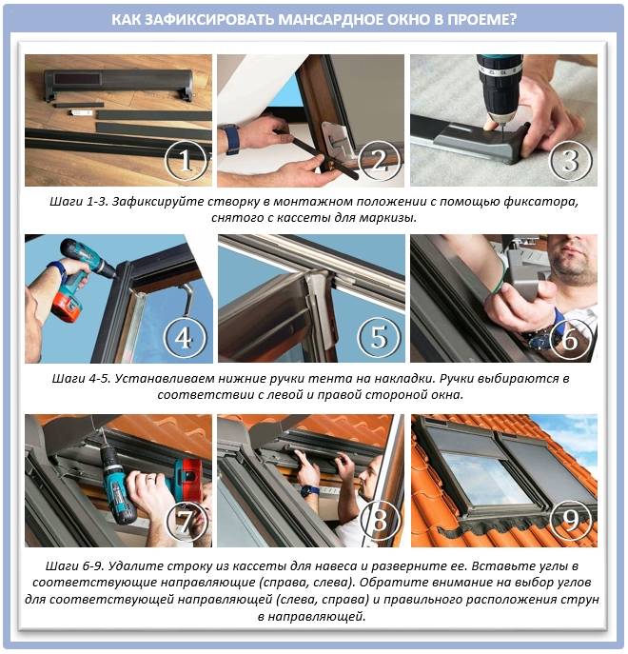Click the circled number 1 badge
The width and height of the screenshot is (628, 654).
tap(186, 160)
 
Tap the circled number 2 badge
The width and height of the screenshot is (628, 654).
tap(379, 160)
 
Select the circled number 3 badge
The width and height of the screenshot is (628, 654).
tap(571, 160)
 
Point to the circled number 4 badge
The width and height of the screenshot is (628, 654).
tap(186, 337)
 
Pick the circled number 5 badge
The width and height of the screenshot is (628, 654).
tap(379, 337)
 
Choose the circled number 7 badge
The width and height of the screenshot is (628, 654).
tap(186, 520)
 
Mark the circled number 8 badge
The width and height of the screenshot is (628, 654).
tap(379, 520)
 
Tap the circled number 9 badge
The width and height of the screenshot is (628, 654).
tap(571, 520)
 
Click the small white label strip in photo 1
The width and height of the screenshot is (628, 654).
tap(80, 112)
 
